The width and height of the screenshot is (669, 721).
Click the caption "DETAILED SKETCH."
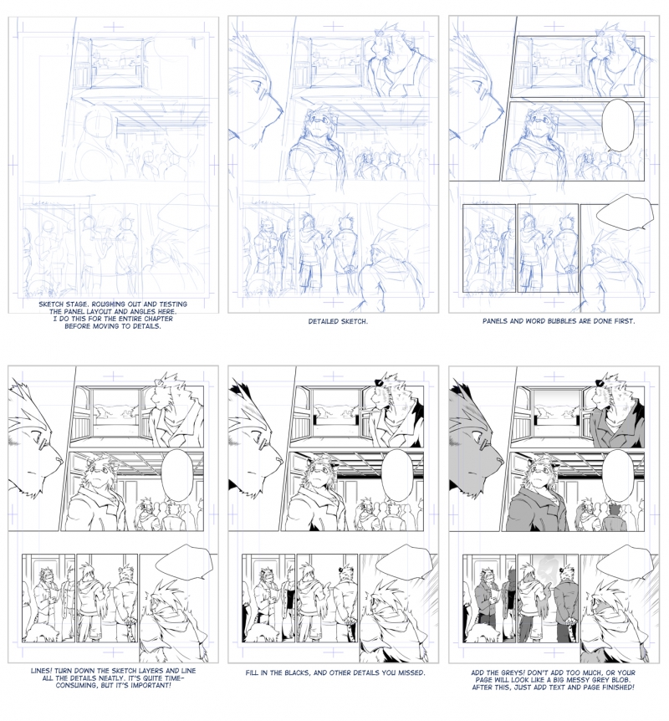point(338,321)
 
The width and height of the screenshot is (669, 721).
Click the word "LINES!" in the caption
point(41,671)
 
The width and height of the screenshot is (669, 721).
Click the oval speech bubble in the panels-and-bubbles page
point(618,125)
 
